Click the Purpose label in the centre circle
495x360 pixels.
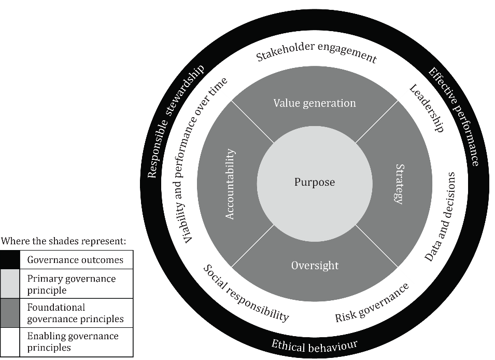[x=315, y=183]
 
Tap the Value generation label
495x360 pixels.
[x=315, y=103]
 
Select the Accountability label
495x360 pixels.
[x=230, y=184]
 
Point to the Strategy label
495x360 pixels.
[x=400, y=184]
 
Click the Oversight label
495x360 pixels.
[x=315, y=266]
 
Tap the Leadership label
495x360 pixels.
[x=427, y=108]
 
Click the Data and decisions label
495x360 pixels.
[x=440, y=217]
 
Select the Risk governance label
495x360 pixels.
[x=372, y=303]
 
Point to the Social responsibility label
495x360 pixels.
[x=246, y=293]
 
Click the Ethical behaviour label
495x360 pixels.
[x=315, y=346]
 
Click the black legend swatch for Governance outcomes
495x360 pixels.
[x=10, y=260]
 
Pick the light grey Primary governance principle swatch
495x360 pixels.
[x=10, y=284]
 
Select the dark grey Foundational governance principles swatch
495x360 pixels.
[x=10, y=313]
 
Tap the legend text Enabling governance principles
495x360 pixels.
[x=73, y=342]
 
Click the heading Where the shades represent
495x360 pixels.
[x=63, y=241]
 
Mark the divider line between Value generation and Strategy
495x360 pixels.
[x=377, y=122]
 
